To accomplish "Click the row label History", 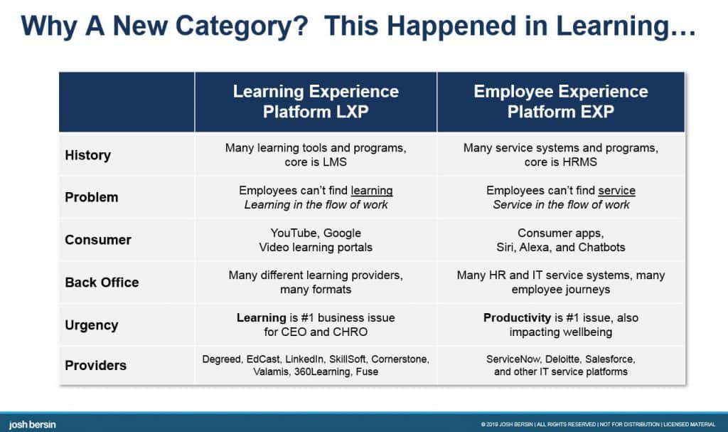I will (88, 155).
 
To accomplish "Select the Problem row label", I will (92, 197).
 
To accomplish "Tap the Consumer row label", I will (98, 240).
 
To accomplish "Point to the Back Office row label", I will (102, 283).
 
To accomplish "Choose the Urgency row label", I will (92, 325).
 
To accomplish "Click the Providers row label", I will (96, 366).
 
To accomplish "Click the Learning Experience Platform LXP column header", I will (316, 102).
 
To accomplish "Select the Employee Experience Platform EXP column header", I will (560, 102).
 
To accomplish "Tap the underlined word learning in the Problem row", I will (372, 191).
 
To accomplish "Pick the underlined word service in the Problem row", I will (616, 191).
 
